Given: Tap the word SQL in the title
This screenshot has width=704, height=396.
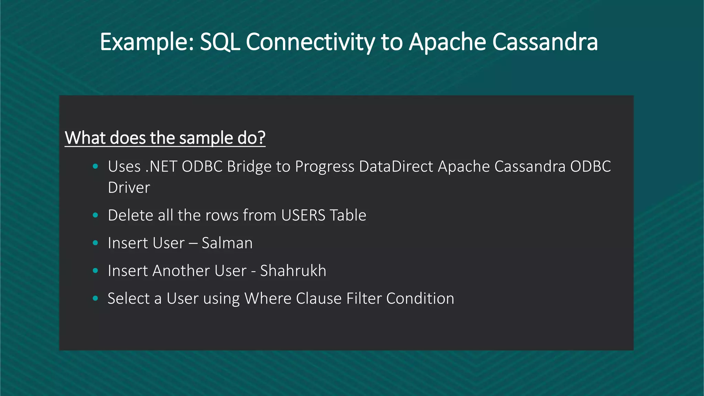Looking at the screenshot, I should (x=220, y=42).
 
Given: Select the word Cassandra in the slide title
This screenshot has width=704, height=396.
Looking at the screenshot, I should (x=545, y=42).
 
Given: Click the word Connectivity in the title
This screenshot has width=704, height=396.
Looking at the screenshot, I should (x=310, y=42).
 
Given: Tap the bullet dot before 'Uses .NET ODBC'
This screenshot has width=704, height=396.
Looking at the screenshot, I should (x=96, y=167).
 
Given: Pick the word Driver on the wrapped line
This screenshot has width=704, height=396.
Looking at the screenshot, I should (x=129, y=188).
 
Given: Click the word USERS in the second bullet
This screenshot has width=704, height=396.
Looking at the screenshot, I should (x=303, y=216).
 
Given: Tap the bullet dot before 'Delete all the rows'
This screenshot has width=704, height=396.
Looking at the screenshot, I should (x=96, y=216).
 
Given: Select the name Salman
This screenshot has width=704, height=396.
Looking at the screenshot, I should (x=227, y=243).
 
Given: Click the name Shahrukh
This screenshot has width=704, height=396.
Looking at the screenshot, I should (x=293, y=271).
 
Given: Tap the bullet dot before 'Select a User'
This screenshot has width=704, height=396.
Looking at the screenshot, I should (x=96, y=298).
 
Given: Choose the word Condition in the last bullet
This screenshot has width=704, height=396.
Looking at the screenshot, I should (x=420, y=298).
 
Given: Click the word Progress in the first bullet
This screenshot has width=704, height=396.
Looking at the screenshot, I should (x=324, y=167).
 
